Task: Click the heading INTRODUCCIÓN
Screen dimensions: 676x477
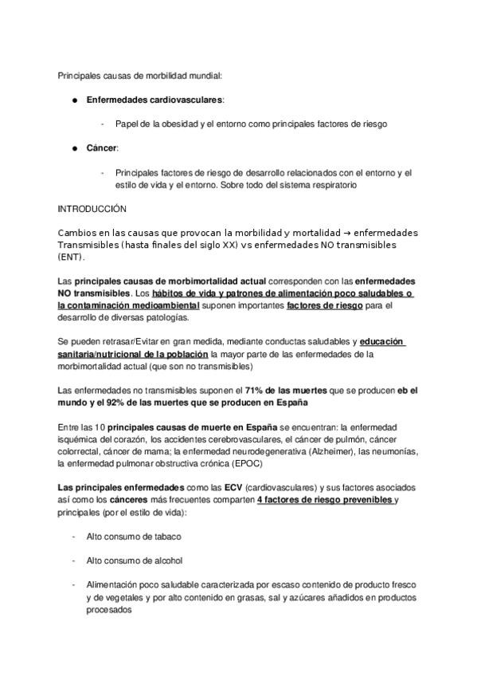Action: tap(92, 208)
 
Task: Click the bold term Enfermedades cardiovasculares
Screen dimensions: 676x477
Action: tap(154, 100)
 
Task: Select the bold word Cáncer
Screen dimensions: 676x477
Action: tap(101, 148)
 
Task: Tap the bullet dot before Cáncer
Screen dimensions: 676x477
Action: tap(72, 148)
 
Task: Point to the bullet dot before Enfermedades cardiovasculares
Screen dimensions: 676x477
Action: tap(72, 100)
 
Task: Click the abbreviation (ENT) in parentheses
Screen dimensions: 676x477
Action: tap(70, 257)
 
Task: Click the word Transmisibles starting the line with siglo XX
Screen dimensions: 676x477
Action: tap(86, 244)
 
